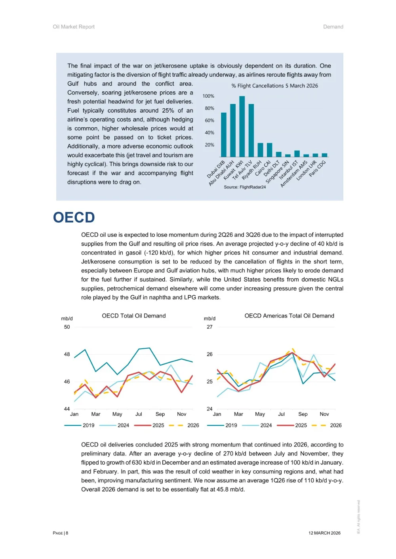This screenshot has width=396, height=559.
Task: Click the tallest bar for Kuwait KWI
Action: tap(242, 127)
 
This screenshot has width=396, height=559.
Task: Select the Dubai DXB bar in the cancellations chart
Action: tap(224, 135)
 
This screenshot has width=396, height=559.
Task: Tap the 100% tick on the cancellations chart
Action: tap(208, 96)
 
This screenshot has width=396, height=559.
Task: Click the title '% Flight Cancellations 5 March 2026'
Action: tap(274, 86)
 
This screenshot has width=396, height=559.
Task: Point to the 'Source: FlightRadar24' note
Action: tap(245, 187)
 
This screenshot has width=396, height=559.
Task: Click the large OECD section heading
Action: tap(74, 217)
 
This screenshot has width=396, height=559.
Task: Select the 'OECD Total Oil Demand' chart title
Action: tap(134, 316)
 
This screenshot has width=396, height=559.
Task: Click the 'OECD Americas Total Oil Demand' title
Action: tap(289, 316)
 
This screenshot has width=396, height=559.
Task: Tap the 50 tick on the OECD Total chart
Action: tap(67, 327)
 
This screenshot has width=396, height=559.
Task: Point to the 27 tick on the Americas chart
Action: tap(209, 327)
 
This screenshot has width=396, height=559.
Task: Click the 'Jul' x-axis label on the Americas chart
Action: tap(281, 414)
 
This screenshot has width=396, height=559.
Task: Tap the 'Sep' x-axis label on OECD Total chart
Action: tap(160, 414)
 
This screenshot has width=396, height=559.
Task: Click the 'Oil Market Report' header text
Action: tap(74, 27)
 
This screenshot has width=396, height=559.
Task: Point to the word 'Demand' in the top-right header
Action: tap(333, 27)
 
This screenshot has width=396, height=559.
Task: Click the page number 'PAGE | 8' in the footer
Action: tap(61, 533)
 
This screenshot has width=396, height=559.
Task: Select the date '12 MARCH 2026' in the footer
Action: tap(324, 533)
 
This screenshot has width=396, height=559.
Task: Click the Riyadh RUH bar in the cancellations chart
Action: tap(260, 150)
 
